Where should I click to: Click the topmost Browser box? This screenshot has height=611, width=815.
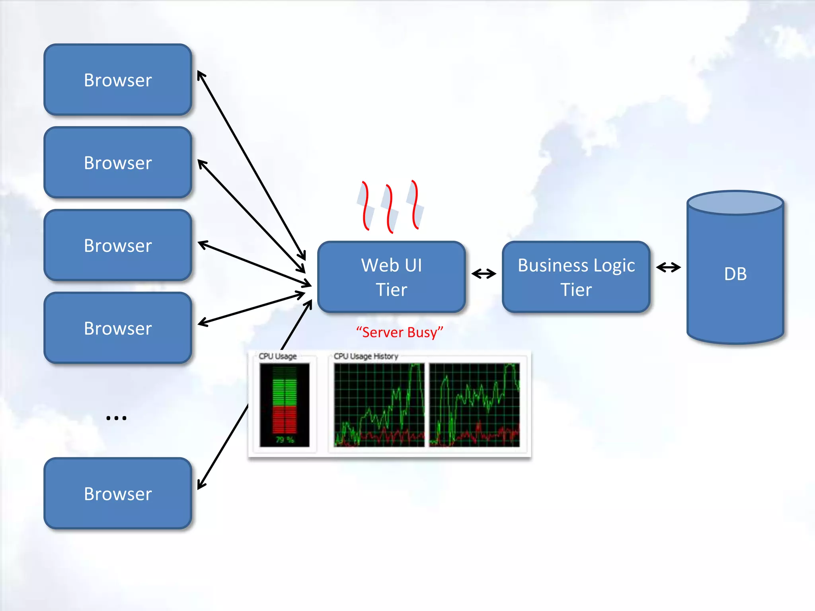tap(118, 80)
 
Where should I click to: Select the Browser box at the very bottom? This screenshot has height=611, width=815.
tap(118, 494)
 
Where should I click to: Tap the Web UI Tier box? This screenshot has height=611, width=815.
tap(392, 277)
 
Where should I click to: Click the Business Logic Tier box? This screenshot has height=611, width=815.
tap(576, 277)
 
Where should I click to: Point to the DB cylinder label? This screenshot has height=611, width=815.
tap(735, 274)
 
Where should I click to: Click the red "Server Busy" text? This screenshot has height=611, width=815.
tap(400, 332)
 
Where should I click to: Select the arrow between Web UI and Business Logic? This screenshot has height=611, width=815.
tap(484, 274)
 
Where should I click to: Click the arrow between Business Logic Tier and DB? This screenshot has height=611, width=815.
tap(668, 267)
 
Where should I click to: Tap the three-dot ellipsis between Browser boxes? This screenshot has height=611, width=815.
tap(116, 418)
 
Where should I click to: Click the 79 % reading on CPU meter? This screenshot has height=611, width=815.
tap(285, 440)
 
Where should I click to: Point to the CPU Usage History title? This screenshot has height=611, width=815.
tap(366, 356)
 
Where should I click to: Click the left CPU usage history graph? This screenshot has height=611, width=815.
tap(379, 405)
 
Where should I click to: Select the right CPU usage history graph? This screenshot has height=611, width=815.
tap(474, 405)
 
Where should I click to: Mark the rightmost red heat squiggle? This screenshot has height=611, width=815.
tap(415, 204)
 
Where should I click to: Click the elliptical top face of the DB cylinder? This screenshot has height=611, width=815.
tap(735, 203)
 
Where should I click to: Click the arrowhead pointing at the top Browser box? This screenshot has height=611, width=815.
tap(201, 75)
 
